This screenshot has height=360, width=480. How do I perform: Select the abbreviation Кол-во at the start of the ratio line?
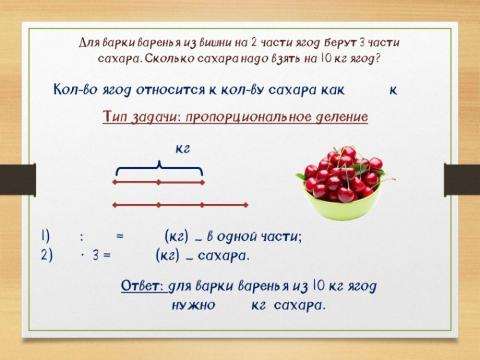[x=78, y=89]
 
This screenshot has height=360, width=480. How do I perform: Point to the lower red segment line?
[x=200, y=204]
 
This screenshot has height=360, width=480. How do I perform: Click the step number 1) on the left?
[x=46, y=237]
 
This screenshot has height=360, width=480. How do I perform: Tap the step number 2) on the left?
[x=46, y=254]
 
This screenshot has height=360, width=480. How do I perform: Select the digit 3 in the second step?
[x=93, y=254]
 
